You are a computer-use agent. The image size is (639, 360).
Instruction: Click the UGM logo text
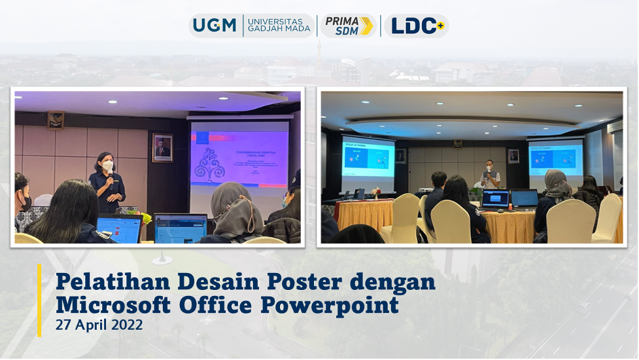[215, 26]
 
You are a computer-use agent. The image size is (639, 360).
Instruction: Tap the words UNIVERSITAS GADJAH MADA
[279, 26]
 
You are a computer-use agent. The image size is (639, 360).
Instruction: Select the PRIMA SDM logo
[349, 26]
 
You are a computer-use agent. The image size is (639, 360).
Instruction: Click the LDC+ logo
[417, 26]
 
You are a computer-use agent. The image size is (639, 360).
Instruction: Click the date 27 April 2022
[99, 325]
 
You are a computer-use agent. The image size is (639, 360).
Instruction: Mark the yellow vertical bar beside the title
[39, 300]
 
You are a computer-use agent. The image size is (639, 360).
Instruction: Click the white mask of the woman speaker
[107, 166]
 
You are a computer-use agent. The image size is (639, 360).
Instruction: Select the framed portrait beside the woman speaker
[162, 147]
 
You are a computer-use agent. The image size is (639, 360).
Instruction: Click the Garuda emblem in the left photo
[56, 120]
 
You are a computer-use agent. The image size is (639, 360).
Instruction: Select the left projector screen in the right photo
[368, 159]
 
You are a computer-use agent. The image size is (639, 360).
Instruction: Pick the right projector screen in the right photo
[555, 158]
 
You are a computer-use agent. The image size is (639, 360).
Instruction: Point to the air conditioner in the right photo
[615, 126]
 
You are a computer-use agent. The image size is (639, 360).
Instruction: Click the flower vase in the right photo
[376, 194]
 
